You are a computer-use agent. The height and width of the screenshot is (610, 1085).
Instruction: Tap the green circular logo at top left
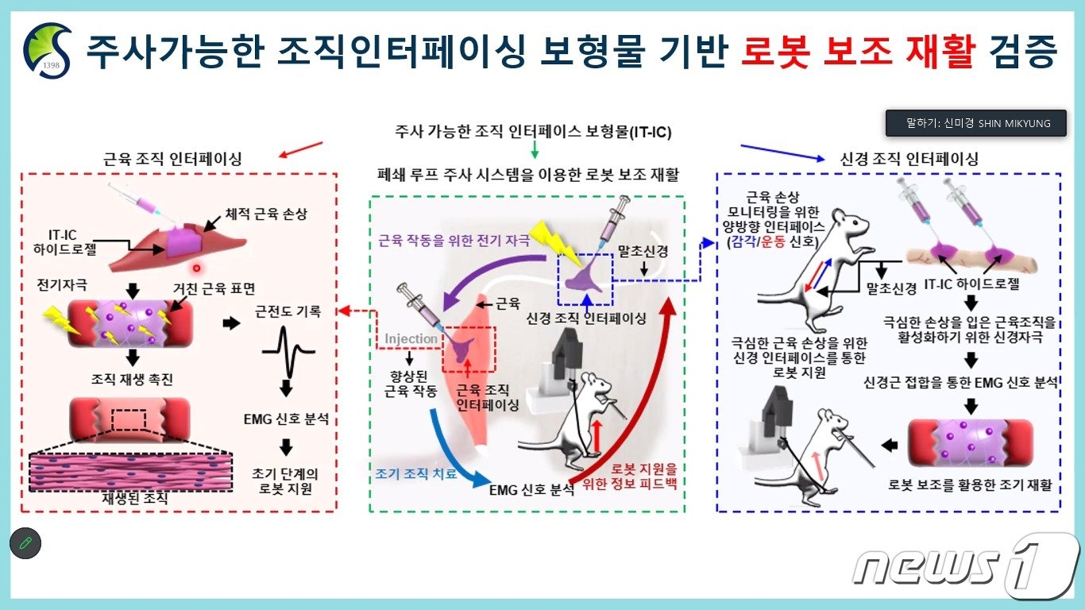[48, 50]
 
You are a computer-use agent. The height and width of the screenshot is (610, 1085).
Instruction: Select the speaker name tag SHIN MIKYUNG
[976, 123]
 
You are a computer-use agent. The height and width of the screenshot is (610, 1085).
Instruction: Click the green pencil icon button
[25, 543]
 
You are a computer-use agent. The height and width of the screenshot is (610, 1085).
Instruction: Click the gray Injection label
[411, 339]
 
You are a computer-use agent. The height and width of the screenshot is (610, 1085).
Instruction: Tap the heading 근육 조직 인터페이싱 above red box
[173, 159]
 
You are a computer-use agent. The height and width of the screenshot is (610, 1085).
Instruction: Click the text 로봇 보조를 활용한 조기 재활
[970, 485]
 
